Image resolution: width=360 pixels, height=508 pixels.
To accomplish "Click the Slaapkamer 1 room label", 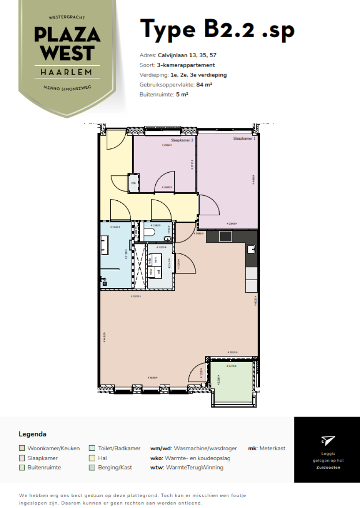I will tap(244, 139).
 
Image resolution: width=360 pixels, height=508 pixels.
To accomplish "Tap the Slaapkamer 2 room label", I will tap(182, 140).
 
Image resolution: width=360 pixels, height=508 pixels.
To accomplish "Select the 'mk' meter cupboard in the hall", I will tap(134, 183).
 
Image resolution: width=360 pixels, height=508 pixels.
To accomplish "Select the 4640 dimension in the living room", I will tap(151, 378).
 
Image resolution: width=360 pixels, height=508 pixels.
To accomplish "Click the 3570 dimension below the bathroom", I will tap(136, 296).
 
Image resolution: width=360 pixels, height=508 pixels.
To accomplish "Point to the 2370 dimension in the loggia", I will tap(230, 366).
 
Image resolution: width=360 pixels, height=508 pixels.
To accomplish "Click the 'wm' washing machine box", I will tap(154, 259).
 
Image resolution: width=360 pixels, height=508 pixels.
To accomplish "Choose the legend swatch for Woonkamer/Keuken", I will tap(22, 448).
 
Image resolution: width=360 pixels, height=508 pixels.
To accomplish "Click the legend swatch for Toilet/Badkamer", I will tap(92, 448).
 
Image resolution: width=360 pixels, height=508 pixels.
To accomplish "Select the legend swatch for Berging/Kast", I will tap(92, 467).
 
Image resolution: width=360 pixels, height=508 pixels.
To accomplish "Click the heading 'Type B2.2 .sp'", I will tap(217, 29).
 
